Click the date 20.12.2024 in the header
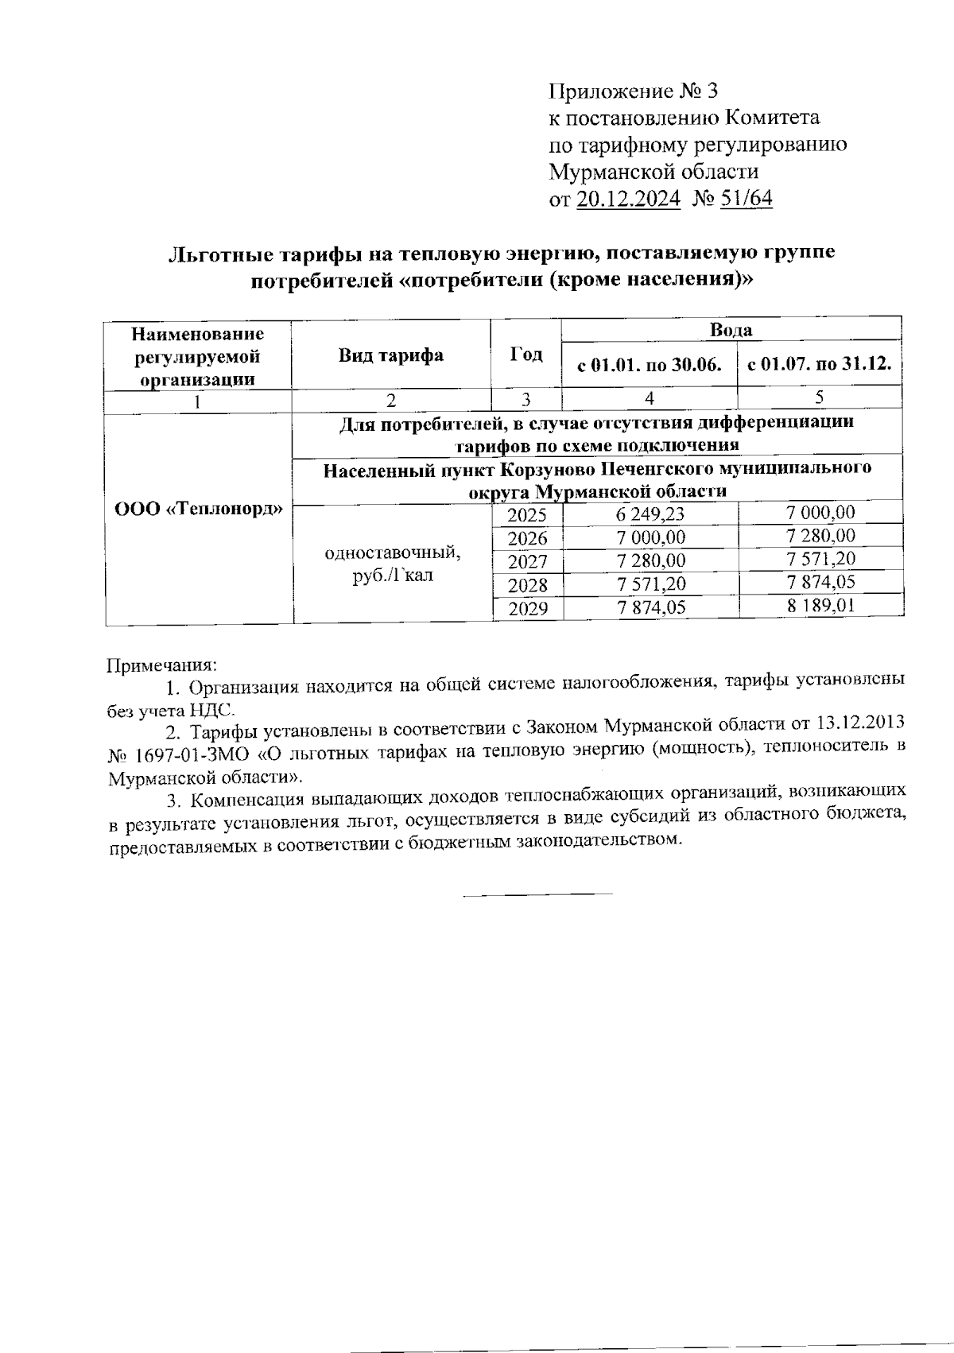click(628, 199)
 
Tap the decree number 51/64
click(745, 199)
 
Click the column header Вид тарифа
click(391, 355)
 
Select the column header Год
click(526, 355)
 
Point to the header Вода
click(731, 330)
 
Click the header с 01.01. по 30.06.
click(650, 366)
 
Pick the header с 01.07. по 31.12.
click(820, 366)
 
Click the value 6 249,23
click(650, 514)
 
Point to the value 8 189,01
click(821, 607)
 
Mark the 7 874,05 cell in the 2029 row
click(650, 609)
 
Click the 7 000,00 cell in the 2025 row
click(821, 513)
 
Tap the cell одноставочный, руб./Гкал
click(393, 563)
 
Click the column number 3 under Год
click(526, 400)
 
